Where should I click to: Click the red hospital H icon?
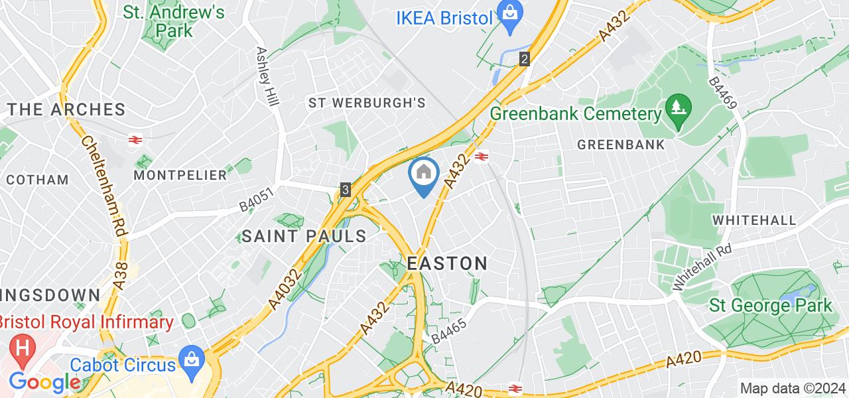[23, 349]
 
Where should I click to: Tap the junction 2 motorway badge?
[525, 59]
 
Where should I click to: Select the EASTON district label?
[447, 263]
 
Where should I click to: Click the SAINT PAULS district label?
[304, 235]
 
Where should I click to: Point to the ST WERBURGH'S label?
[366, 103]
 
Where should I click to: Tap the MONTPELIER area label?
[180, 175]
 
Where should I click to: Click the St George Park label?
[771, 306]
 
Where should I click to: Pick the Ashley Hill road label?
[269, 73]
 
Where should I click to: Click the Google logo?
[44, 382]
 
